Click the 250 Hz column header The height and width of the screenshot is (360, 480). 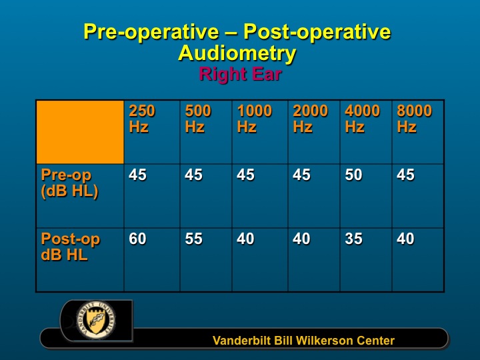tap(142, 119)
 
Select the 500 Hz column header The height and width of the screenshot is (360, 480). tap(198, 119)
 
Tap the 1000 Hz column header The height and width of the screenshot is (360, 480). tap(255, 119)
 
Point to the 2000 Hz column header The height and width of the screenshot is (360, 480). tap(311, 119)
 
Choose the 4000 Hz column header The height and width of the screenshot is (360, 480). tap(363, 119)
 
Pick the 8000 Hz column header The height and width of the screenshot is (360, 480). tap(415, 119)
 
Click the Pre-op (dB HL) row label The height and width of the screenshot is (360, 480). tap(70, 184)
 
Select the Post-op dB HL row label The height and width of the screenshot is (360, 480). tap(71, 247)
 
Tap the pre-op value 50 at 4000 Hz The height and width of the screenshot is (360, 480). tap(353, 175)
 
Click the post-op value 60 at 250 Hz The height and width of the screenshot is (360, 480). tap(137, 239)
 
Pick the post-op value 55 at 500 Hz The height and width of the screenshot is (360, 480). tap(193, 239)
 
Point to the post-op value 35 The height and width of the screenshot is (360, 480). tap(353, 239)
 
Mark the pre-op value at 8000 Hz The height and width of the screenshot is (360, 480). tap(405, 175)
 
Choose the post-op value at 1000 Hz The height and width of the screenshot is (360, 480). tap(245, 239)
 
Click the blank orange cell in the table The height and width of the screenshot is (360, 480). tap(80, 132)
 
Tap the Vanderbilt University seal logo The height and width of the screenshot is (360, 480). tap(96, 320)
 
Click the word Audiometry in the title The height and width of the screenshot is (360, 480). tap(237, 53)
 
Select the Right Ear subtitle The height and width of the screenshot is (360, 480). tap(240, 75)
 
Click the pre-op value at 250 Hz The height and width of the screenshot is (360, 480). tap(137, 175)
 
